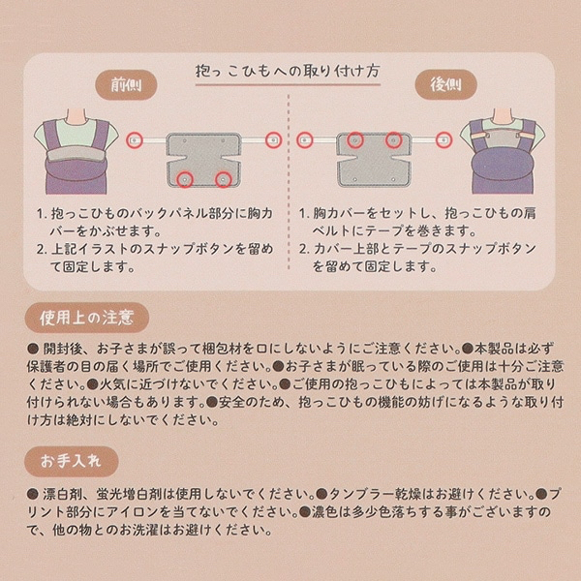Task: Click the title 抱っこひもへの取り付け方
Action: coord(290,73)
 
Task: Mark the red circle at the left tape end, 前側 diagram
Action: coord(136,140)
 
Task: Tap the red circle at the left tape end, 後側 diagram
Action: coord(306,140)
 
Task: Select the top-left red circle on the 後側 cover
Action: coord(355,140)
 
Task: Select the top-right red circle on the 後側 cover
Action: coord(394,140)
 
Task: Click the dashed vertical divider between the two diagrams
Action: coord(290,184)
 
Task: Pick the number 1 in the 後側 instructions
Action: coord(305,212)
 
